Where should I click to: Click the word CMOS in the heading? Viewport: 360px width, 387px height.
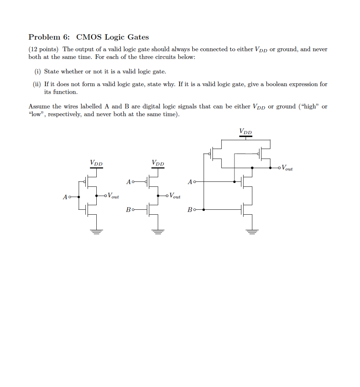89,37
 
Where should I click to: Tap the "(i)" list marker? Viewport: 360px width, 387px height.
37,71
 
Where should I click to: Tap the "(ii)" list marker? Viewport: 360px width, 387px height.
37,84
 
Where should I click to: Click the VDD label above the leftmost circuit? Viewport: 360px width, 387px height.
96,163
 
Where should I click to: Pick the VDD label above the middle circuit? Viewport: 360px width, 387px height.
158,163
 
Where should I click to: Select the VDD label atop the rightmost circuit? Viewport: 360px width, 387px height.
246,132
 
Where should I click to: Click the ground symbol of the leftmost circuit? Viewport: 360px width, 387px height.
96,231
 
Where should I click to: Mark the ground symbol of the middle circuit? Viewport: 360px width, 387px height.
158,231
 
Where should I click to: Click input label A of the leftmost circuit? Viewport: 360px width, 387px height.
65,197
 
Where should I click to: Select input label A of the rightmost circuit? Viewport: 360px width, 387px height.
190,182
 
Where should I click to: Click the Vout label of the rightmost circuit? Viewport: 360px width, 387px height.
287,168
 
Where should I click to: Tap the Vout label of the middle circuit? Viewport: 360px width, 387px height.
175,196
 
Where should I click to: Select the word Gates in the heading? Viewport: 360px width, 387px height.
138,37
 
